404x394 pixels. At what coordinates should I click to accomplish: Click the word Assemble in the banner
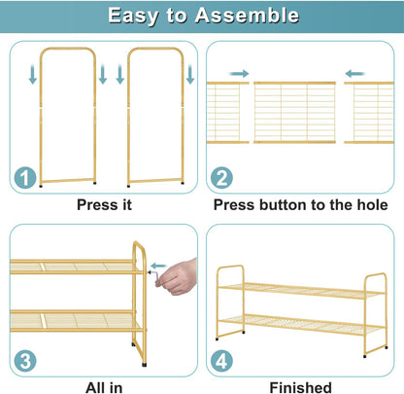click(247, 16)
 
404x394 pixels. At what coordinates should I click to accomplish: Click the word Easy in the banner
click(133, 17)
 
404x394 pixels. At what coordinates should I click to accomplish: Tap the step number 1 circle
click(25, 177)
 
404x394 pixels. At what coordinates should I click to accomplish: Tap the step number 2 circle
click(221, 178)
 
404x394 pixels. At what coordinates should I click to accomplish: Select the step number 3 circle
click(25, 361)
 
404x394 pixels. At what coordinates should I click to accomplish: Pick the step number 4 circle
click(221, 361)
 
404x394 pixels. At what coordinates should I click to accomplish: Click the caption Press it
click(104, 205)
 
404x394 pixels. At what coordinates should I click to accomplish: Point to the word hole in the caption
click(372, 205)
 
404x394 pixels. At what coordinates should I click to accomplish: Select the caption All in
click(104, 388)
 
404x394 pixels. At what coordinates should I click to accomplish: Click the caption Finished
click(301, 387)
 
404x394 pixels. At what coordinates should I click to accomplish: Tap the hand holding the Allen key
click(177, 277)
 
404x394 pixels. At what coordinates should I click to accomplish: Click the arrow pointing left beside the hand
click(158, 267)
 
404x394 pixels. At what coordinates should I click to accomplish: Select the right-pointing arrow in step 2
click(239, 74)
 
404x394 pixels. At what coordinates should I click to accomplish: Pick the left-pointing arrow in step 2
click(354, 74)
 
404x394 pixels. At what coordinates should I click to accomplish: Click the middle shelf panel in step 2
click(294, 113)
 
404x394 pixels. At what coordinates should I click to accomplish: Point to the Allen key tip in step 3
click(150, 272)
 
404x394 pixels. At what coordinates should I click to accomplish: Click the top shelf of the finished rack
click(302, 290)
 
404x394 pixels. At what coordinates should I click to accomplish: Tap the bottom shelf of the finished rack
click(302, 324)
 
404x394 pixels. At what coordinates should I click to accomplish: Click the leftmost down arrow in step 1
click(33, 74)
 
